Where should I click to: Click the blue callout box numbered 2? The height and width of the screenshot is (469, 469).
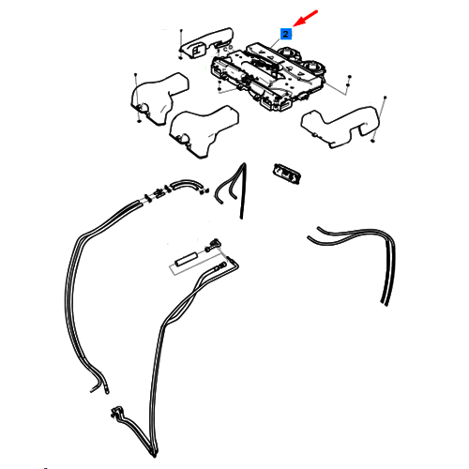pyautogui.click(x=286, y=34)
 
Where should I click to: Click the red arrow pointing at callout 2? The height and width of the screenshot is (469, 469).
pyautogui.click(x=305, y=18)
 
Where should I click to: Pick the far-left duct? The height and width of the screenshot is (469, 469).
pyautogui.click(x=158, y=98)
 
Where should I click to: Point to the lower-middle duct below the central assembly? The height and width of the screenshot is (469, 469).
pyautogui.click(x=204, y=130)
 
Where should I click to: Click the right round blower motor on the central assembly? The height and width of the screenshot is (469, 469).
pyautogui.click(x=313, y=66)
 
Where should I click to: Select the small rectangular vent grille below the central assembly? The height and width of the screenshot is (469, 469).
pyautogui.click(x=287, y=174)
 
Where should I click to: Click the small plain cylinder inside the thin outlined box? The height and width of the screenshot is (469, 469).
pyautogui.click(x=186, y=260)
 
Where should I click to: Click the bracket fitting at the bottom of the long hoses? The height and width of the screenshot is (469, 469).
pyautogui.click(x=117, y=414)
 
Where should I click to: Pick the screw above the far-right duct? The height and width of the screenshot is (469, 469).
pyautogui.click(x=385, y=98)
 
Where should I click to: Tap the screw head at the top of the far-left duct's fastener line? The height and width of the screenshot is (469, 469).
pyautogui.click(x=135, y=75)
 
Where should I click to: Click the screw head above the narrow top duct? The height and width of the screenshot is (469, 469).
pyautogui.click(x=181, y=30)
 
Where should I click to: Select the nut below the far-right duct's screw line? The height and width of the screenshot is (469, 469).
pyautogui.click(x=372, y=141)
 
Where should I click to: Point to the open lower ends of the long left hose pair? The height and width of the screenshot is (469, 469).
pyautogui.click(x=99, y=390)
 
